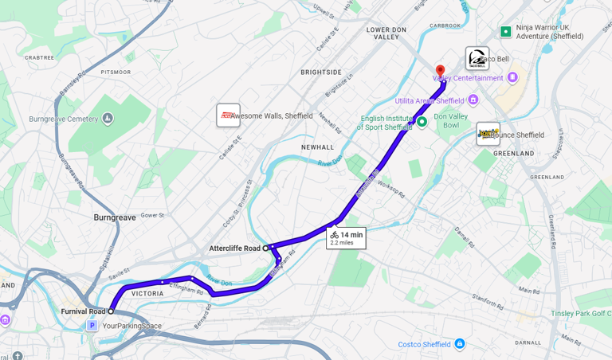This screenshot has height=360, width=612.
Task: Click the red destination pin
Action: tap(440, 70)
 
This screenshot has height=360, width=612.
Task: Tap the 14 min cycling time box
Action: tap(346, 238)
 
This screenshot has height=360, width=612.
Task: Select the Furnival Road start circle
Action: tap(111, 311)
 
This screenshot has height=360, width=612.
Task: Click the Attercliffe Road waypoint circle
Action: tap(265, 248)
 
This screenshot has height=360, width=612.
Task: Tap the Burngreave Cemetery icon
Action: tap(108, 119)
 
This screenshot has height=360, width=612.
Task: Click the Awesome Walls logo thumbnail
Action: tap(228, 115)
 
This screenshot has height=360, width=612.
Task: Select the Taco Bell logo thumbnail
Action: tap(477, 58)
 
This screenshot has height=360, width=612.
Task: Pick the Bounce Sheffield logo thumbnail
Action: tap(487, 134)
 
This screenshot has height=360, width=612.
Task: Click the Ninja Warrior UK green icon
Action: tap(505, 32)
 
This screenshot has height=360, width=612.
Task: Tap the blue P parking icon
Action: tap(92, 326)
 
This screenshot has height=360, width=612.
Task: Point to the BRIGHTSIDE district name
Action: tap(321, 72)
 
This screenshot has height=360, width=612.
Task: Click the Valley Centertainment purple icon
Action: tap(512, 77)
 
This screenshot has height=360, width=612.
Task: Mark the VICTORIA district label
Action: tap(147, 294)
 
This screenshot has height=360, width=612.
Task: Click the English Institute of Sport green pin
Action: tap(422, 122)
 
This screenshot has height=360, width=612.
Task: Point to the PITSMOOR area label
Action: tap(116, 72)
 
